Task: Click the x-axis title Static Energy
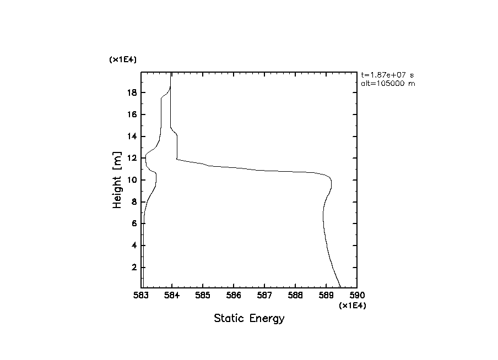(x=249, y=318)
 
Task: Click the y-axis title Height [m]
(x=117, y=179)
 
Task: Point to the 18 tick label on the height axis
(x=132, y=92)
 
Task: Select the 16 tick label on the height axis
(x=132, y=114)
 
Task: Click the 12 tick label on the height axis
(x=132, y=158)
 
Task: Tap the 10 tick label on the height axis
(x=132, y=180)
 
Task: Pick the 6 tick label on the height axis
(x=134, y=223)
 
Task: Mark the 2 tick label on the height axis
(x=134, y=268)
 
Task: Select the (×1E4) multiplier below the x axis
(x=352, y=306)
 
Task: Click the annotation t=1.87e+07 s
(x=387, y=75)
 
